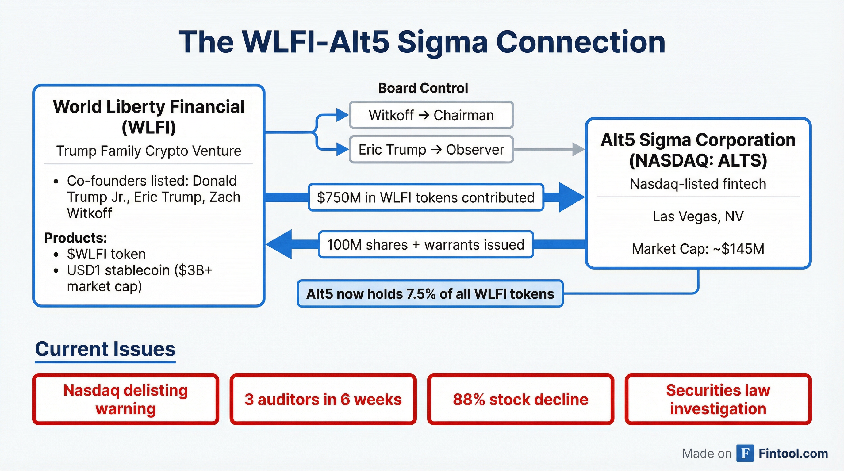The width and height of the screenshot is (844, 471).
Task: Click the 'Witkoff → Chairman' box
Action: pos(431,115)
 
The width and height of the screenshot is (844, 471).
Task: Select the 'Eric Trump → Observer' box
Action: pos(431,150)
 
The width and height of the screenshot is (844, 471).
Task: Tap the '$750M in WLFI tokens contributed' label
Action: pos(426,197)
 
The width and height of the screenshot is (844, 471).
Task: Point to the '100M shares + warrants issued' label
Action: pos(426,245)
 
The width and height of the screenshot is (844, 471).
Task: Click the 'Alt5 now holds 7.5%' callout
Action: pos(430,294)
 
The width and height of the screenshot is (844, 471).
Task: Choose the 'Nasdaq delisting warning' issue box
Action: pos(125,399)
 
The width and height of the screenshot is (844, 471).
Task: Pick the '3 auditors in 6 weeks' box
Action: pos(323,399)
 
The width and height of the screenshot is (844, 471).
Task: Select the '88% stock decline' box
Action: pos(521,399)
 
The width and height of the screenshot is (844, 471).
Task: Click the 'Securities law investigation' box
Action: pos(718,399)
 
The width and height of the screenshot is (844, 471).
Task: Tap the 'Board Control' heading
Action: pos(423,88)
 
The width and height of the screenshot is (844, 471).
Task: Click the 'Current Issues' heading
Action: pos(105,349)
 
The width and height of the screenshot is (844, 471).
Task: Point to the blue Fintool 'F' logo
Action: pos(745,453)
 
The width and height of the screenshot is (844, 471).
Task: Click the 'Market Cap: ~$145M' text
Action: pos(698,249)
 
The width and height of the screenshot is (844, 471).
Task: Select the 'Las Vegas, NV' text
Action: pos(698,216)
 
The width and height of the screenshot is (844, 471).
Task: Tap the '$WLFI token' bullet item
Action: pos(106,254)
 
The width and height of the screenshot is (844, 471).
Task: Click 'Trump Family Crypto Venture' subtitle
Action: pos(149,151)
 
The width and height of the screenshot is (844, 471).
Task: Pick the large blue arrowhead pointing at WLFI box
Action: pos(278,244)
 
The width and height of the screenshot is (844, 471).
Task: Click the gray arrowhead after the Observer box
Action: pos(579,149)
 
